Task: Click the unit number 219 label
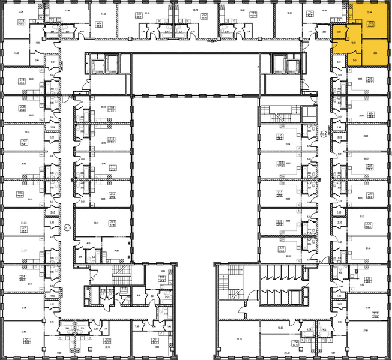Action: tap(22, 21)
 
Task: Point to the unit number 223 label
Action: tap(253, 13)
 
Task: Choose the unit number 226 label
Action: tap(370, 79)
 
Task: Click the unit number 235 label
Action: tap(280, 136)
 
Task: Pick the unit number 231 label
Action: tap(280, 248)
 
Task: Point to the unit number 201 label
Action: tap(156, 339)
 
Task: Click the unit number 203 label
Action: tap(28, 340)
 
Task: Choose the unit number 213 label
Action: tap(112, 222)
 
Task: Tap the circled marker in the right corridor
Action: tap(324, 133)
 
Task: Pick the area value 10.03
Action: tap(280, 328)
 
